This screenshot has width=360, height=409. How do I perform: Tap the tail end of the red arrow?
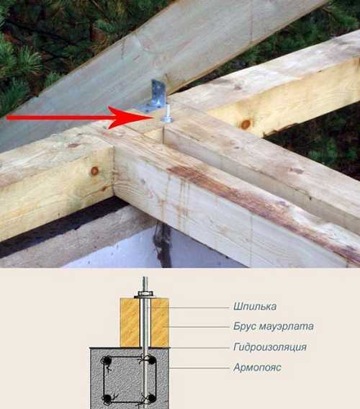(7, 116)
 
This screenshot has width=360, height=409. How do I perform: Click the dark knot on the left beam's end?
(94, 171)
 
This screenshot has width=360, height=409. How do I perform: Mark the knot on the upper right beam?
(246, 124)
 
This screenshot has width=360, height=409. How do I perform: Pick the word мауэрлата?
(288, 326)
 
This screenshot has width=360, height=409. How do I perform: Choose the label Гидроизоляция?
(271, 347)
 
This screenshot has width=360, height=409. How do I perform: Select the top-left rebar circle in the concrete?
(107, 360)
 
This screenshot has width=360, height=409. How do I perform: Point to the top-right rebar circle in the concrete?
(151, 360)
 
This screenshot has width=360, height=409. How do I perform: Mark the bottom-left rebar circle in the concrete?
(107, 397)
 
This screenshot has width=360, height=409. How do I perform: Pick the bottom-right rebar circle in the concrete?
(151, 397)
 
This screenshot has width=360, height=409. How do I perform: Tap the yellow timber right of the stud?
(159, 322)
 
